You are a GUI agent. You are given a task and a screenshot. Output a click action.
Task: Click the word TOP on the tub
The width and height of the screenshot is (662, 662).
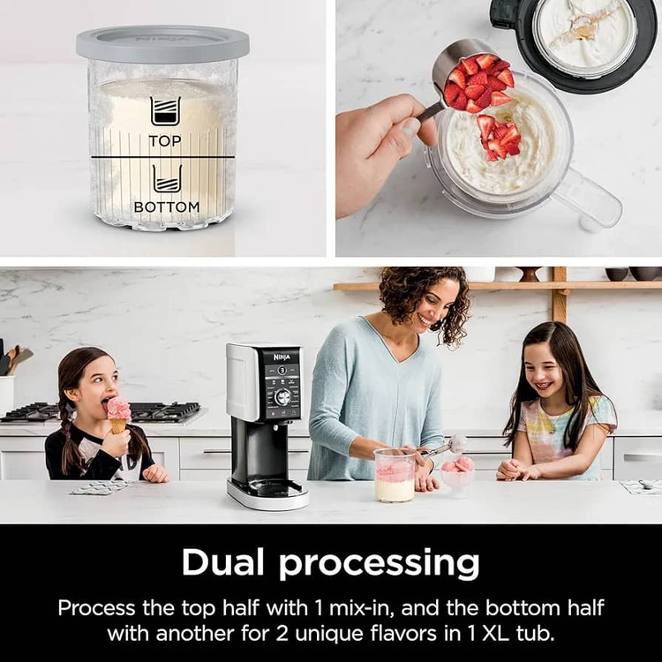165,141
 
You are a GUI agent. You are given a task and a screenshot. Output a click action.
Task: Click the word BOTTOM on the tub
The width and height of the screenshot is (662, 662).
166,207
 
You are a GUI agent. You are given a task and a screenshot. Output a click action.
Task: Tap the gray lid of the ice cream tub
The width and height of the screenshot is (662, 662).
162,43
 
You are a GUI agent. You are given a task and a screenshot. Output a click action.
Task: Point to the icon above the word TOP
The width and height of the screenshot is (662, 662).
166,111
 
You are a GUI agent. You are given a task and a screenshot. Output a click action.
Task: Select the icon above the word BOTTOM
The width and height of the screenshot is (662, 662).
167,178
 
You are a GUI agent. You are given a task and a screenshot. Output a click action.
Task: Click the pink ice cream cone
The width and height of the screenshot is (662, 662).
119,416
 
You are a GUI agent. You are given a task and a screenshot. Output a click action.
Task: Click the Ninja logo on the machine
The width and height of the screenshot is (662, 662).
282,357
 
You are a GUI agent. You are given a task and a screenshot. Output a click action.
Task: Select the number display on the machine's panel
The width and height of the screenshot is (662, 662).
282,370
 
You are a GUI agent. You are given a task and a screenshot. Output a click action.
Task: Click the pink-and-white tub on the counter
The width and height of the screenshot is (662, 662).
395,475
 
